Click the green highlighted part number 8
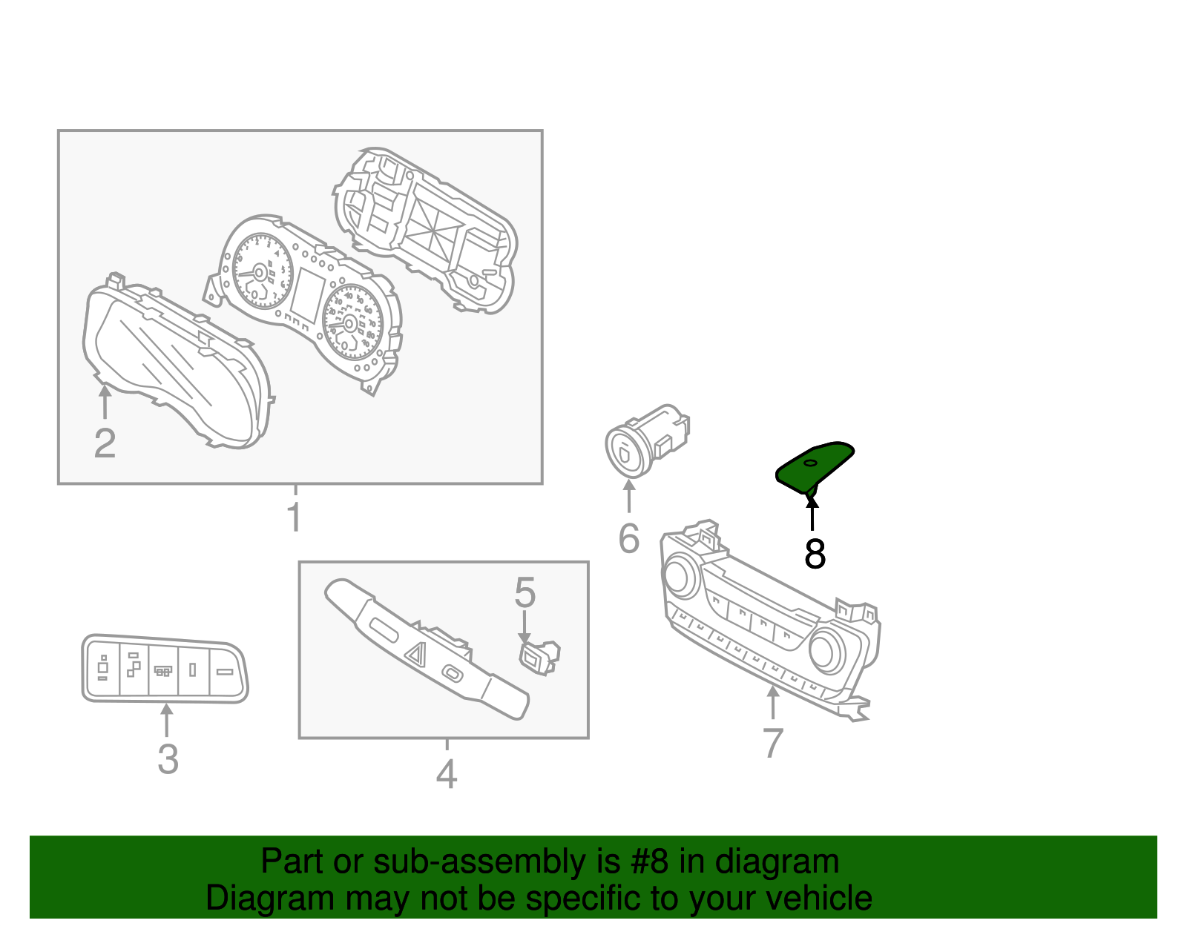[x=814, y=465]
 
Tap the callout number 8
[x=815, y=554]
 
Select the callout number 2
[x=105, y=443]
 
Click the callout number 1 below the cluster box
[x=295, y=517]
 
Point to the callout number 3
[x=168, y=759]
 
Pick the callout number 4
[x=446, y=775]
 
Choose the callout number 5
[x=525, y=593]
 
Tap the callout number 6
[x=628, y=538]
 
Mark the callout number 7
[x=772, y=743]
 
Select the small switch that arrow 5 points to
[x=538, y=655]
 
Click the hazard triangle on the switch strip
[x=415, y=653]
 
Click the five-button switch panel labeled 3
[x=164, y=669]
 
